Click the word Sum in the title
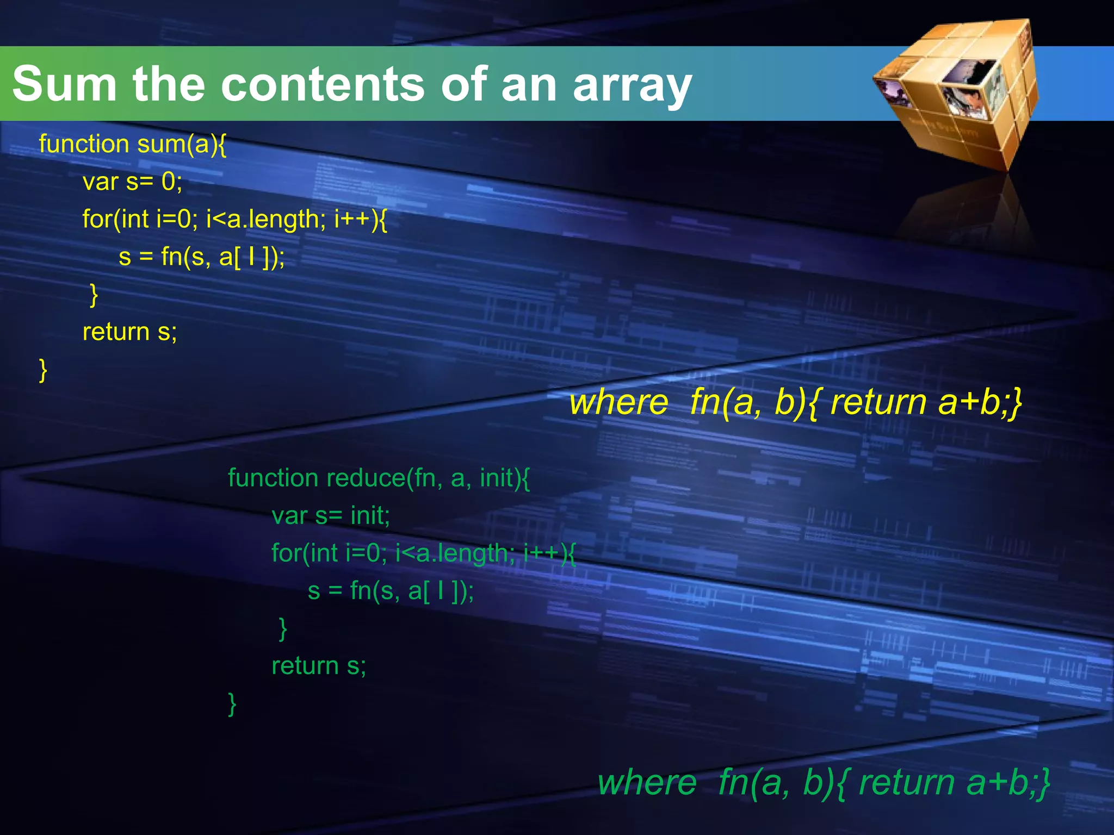(64, 84)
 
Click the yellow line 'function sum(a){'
(132, 144)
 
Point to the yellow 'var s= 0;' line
(132, 182)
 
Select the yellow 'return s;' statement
(129, 332)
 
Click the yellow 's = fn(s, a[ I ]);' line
(201, 257)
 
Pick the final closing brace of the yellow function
(43, 370)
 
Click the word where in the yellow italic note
(618, 403)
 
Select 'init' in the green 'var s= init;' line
(370, 515)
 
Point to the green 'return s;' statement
(319, 665)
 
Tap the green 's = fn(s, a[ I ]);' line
(391, 590)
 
